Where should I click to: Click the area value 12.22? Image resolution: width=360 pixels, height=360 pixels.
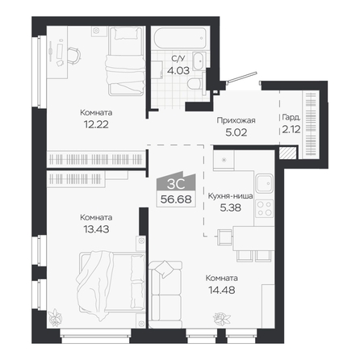click(96, 124)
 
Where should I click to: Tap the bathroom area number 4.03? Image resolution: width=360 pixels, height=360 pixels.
click(178, 70)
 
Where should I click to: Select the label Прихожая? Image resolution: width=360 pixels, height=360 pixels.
click(236, 120)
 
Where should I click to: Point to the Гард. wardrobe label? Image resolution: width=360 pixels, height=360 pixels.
click(291, 117)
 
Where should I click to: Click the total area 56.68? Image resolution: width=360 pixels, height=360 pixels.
click(176, 199)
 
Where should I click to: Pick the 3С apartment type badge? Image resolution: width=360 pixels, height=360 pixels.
click(176, 184)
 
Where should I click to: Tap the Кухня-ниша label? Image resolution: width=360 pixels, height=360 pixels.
click(230, 196)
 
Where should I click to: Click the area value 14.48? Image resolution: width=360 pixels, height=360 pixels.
click(222, 290)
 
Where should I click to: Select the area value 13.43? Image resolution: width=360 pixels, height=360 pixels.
click(96, 229)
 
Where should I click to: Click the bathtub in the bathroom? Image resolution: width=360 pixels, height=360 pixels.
click(181, 38)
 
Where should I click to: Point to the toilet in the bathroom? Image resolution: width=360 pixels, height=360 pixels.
click(195, 83)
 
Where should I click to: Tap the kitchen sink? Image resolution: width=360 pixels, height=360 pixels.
click(265, 183)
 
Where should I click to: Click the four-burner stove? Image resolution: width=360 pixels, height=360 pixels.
click(265, 208)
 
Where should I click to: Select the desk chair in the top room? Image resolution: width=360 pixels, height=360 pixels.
click(73, 56)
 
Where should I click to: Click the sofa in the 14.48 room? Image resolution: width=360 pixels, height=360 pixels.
click(166, 291)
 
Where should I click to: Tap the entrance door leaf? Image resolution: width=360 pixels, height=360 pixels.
click(242, 77)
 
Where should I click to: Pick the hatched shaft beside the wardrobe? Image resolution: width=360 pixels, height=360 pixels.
click(287, 153)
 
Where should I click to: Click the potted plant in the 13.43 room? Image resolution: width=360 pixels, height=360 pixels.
click(55, 316)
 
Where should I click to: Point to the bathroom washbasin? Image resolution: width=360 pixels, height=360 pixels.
click(199, 61)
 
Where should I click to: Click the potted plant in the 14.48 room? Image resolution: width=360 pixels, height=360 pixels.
click(222, 319)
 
